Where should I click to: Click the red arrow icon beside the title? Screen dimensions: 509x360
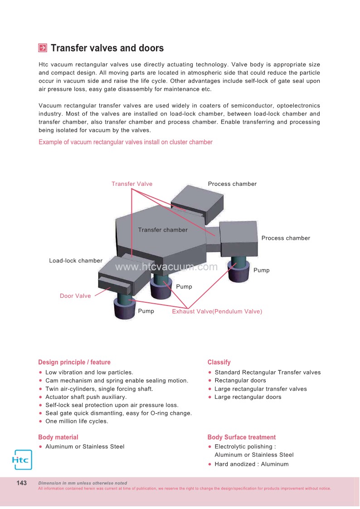coord(43,48)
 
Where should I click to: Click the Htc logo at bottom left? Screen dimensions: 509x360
coord(21,460)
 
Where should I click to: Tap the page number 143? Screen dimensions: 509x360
coord(22,483)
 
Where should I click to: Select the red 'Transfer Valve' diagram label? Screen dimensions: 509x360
coord(132,184)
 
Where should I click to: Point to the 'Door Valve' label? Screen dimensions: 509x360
coord(75,296)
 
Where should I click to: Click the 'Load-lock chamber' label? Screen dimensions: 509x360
coord(76,261)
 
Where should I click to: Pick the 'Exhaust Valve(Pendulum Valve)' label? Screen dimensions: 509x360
coord(217,311)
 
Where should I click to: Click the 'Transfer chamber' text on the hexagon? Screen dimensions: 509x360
coord(163,230)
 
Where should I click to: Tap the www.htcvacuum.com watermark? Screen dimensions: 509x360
coord(166,267)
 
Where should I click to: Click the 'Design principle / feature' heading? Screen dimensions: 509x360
coord(74,362)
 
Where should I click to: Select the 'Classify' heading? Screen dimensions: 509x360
coord(219,362)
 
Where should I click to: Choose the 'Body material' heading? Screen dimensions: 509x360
coord(58,437)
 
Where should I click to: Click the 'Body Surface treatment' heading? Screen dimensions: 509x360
coord(241,437)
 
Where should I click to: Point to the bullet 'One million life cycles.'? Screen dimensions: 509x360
coord(77,422)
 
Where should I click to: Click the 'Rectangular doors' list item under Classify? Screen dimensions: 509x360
coord(240,381)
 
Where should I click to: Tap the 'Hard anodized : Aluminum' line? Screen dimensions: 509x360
coord(251,464)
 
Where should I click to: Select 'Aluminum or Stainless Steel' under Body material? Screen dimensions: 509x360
coord(85,446)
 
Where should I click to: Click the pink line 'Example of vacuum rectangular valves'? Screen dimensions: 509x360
coord(126,142)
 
